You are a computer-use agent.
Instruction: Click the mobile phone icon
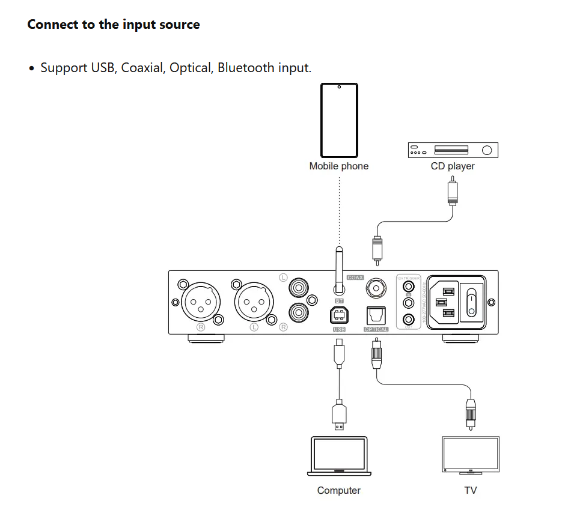point(339,120)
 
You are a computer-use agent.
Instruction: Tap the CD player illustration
point(453,150)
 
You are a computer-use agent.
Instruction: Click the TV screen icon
point(471,454)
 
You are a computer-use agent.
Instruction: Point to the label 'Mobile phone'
point(338,166)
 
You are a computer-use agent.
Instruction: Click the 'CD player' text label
point(453,166)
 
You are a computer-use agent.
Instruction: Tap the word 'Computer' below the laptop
point(338,491)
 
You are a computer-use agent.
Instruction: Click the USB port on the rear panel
point(338,315)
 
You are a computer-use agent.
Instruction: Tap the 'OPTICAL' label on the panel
point(376,330)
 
